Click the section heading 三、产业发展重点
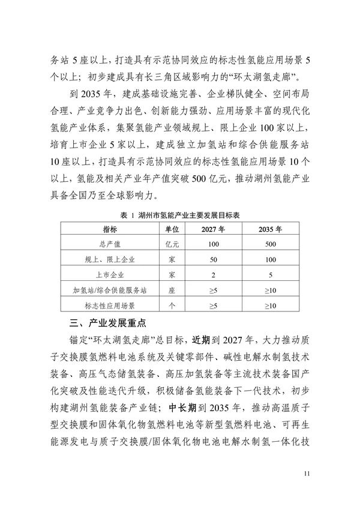[104, 323]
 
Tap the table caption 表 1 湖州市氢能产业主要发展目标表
[179, 215]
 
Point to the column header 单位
[172, 229]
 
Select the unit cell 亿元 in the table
[172, 244]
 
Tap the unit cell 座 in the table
[172, 291]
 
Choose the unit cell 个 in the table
[172, 306]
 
